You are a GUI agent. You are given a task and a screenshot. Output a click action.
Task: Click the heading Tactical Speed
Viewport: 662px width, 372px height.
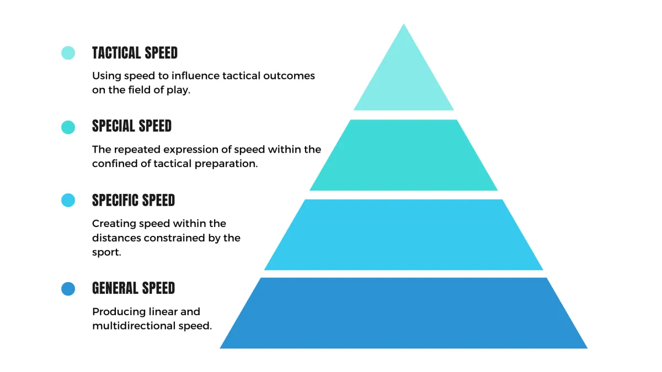135,53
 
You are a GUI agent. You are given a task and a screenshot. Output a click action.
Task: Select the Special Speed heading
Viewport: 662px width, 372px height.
132,126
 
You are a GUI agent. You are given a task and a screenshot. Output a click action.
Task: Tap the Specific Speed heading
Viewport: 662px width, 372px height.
134,200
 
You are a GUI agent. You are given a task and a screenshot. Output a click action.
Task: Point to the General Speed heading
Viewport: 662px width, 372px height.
134,288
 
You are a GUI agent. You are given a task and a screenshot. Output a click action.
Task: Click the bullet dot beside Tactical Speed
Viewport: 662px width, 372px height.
68,53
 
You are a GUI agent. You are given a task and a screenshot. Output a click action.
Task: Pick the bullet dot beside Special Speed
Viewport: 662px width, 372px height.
68,127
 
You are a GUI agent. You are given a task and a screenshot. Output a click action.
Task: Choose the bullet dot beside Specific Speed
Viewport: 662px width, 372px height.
68,200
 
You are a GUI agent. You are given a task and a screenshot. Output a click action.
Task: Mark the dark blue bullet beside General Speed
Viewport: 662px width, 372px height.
68,289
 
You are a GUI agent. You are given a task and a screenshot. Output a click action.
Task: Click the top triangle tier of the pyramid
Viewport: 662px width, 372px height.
404,80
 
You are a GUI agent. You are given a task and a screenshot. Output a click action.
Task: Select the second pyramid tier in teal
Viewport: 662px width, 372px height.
404,155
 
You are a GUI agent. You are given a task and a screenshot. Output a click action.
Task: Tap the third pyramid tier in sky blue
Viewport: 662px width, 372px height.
404,235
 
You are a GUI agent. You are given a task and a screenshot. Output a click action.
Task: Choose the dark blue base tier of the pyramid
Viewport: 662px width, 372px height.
404,313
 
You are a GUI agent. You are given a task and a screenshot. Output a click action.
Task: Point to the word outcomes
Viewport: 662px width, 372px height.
289,76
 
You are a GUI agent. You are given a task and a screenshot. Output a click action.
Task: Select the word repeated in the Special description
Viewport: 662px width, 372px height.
137,150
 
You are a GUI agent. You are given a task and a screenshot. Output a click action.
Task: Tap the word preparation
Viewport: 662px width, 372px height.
226,164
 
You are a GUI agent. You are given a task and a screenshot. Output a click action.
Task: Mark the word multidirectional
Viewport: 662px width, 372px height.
134,326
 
